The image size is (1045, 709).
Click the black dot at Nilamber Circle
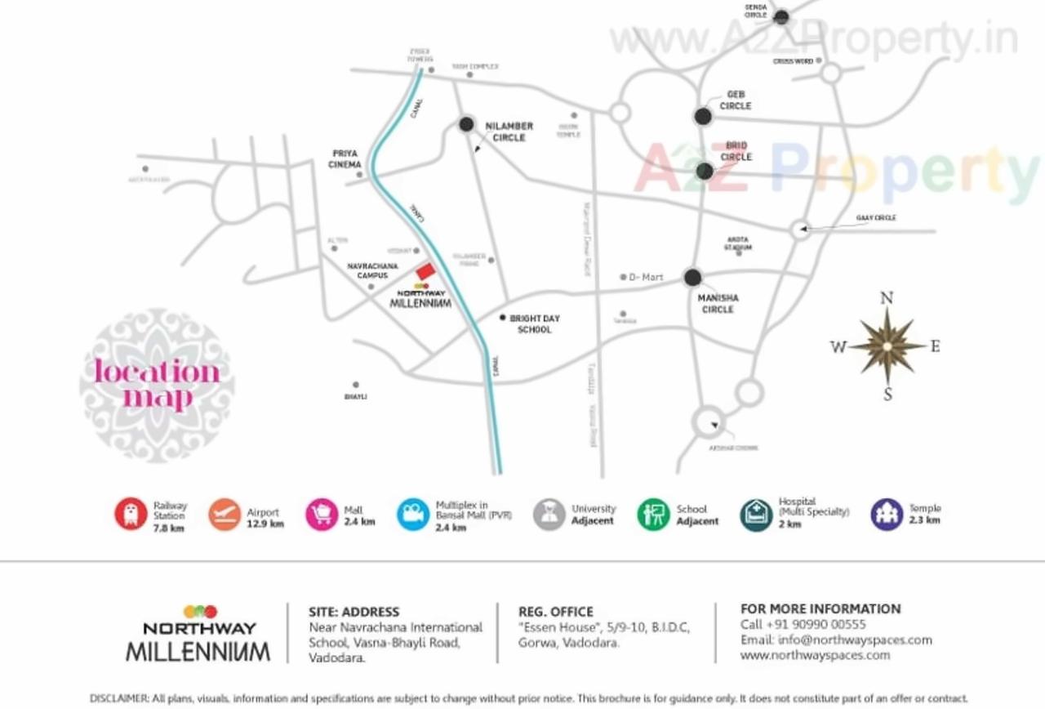(x=466, y=124)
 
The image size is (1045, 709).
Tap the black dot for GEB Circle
(x=703, y=116)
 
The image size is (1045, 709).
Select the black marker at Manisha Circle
(x=692, y=277)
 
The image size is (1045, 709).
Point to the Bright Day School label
(x=535, y=323)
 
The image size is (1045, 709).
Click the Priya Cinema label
(x=345, y=158)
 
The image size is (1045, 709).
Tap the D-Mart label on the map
(x=646, y=278)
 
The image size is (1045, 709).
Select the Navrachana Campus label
(x=372, y=271)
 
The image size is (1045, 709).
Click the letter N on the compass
(x=886, y=298)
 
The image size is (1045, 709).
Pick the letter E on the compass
(x=935, y=346)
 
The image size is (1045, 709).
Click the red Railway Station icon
(x=131, y=515)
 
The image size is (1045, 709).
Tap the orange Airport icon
(x=225, y=515)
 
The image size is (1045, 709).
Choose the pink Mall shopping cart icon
(x=322, y=515)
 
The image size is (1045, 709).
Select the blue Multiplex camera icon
(x=413, y=515)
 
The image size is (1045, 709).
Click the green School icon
(x=653, y=515)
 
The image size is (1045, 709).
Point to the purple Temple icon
(x=887, y=515)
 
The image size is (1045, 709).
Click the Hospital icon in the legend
(x=756, y=515)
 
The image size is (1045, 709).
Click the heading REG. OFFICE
(x=556, y=612)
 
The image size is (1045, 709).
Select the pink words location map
(x=157, y=384)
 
